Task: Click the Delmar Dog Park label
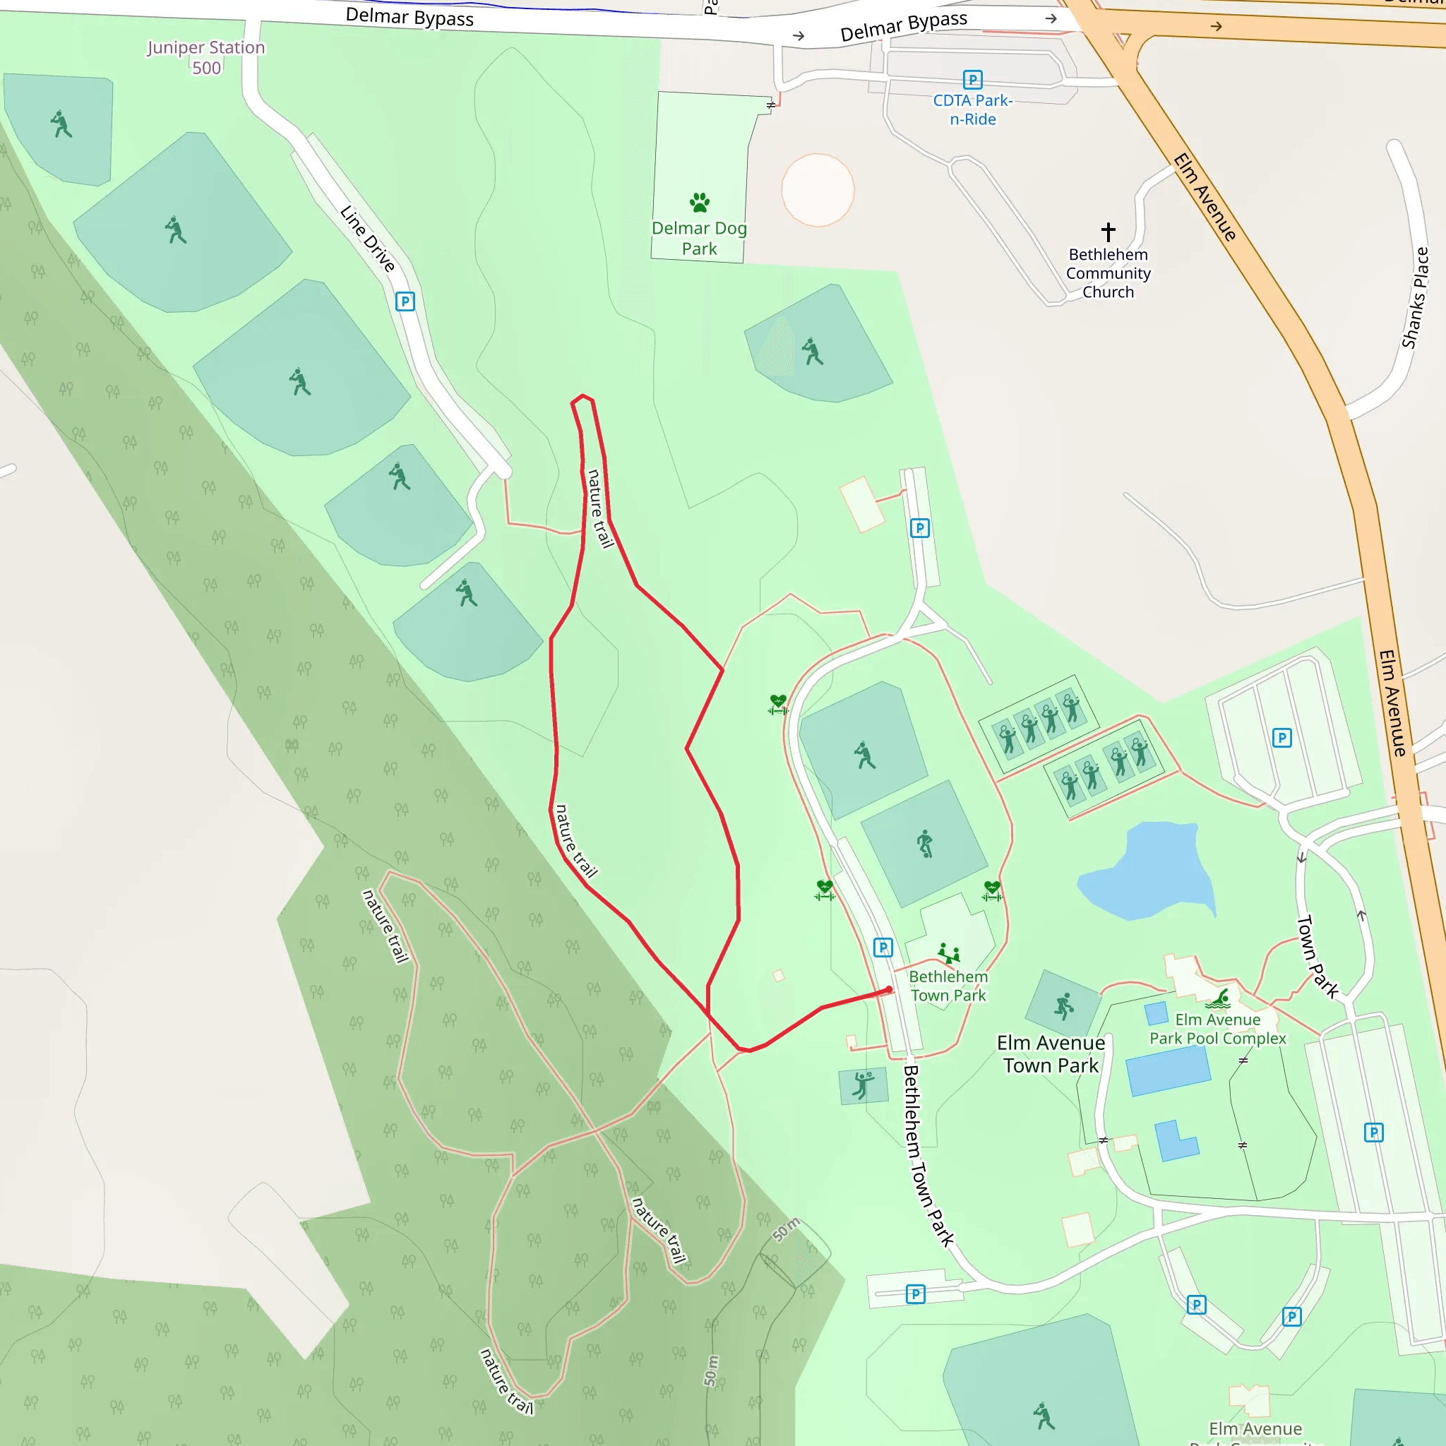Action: click(699, 238)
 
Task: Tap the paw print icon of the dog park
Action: click(700, 202)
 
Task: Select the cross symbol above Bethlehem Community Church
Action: click(1109, 232)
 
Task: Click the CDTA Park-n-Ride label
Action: click(972, 110)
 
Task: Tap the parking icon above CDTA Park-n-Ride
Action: click(972, 79)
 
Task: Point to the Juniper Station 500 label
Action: click(206, 58)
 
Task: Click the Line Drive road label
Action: click(367, 239)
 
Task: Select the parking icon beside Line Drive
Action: click(405, 301)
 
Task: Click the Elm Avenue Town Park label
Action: click(1051, 1054)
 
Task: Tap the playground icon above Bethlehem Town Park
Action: click(948, 953)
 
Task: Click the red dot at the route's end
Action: click(889, 989)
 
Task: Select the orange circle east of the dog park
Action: click(818, 190)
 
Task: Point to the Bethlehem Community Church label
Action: click(1109, 273)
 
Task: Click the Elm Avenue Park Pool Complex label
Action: click(1218, 1029)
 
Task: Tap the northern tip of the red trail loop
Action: click(582, 396)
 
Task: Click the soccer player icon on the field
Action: click(925, 844)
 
